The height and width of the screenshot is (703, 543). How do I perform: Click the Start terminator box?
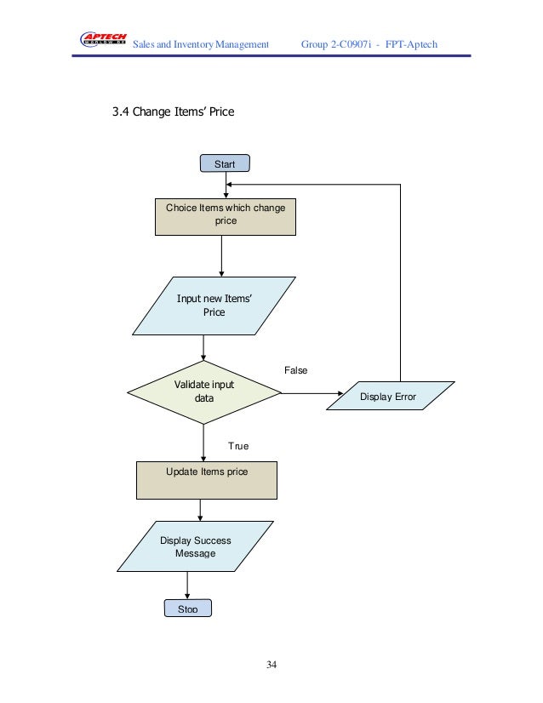[225, 163]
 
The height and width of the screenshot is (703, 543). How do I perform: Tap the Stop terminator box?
[188, 609]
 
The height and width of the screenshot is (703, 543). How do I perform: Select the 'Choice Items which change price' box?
[226, 216]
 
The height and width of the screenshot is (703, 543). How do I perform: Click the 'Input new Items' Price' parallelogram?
[214, 305]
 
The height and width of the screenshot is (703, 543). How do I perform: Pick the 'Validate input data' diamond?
[204, 392]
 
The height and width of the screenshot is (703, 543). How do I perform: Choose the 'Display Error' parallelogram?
[388, 396]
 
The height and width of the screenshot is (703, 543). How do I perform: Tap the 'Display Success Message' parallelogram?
[196, 546]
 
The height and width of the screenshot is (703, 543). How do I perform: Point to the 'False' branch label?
[295, 370]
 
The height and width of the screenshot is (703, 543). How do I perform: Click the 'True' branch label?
[238, 445]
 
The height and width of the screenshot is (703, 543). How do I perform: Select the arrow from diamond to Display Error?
[311, 393]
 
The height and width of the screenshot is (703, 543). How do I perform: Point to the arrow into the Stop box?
[187, 586]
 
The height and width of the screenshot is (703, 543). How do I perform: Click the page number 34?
[271, 664]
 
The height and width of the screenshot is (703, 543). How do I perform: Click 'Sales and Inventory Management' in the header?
[202, 43]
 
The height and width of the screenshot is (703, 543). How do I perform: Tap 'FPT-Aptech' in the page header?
[409, 43]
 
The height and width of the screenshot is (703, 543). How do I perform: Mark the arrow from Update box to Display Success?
[200, 510]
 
